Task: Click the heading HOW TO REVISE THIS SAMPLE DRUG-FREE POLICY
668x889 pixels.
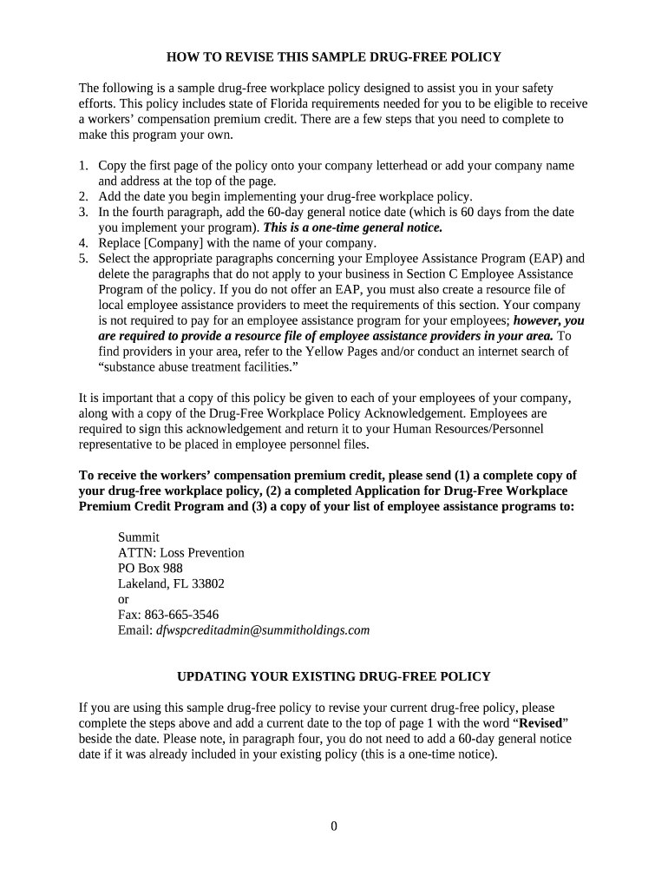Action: pyautogui.click(x=334, y=57)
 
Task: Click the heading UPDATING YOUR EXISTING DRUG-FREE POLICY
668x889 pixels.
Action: pyautogui.click(x=334, y=676)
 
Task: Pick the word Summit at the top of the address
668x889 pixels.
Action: pyautogui.click(x=139, y=537)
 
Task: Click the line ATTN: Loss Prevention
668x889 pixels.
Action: pyautogui.click(x=180, y=553)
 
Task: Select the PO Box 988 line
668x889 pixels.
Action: pyautogui.click(x=150, y=569)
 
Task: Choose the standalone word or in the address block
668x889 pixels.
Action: pyautogui.click(x=123, y=600)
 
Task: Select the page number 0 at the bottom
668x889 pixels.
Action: pyautogui.click(x=333, y=826)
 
